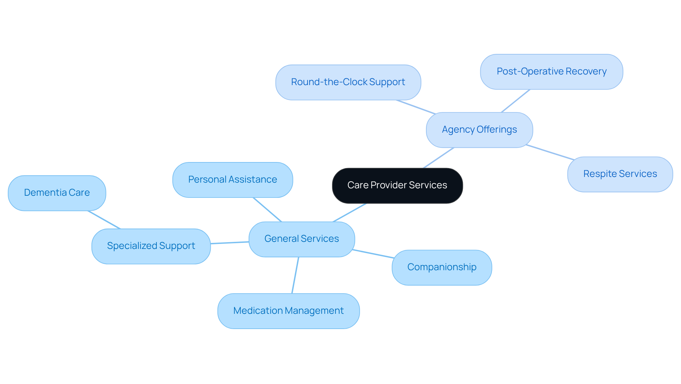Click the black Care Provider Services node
pyautogui.click(x=397, y=185)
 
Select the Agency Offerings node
pyautogui.click(x=479, y=130)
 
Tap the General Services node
pyautogui.click(x=301, y=239)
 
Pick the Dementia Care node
pyautogui.click(x=57, y=193)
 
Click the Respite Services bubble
pyautogui.click(x=620, y=174)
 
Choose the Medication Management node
pyautogui.click(x=288, y=311)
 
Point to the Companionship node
pyautogui.click(x=442, y=267)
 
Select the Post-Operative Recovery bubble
pyautogui.click(x=551, y=72)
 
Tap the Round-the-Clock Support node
pyautogui.click(x=348, y=82)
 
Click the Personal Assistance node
pyautogui.click(x=232, y=180)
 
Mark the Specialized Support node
pyautogui.click(x=151, y=246)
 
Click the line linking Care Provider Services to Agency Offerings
pyautogui.click(x=439, y=158)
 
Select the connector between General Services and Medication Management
pyautogui.click(x=295, y=275)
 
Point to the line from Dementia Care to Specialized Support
pyautogui.click(x=104, y=220)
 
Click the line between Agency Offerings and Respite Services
pyautogui.click(x=550, y=152)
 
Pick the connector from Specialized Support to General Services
pyautogui.click(x=229, y=243)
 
